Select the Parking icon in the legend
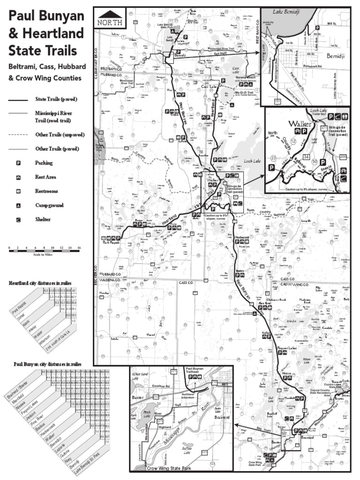click(19, 163)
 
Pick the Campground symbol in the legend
click(19, 205)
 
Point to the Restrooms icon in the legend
click(19, 191)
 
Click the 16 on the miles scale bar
click(79, 247)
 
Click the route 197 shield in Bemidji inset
click(277, 101)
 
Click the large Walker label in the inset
click(300, 124)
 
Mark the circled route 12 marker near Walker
click(293, 141)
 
